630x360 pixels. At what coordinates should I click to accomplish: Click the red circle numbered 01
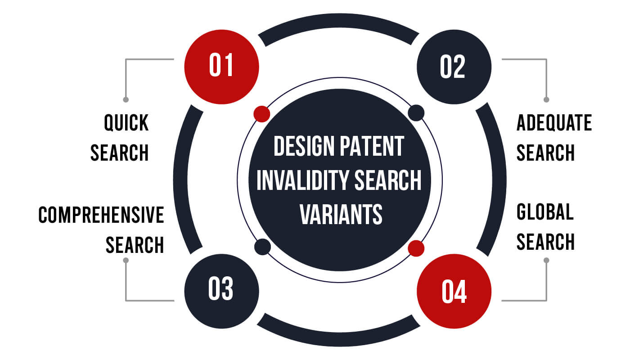point(221,67)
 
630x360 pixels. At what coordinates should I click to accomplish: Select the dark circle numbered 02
point(454,67)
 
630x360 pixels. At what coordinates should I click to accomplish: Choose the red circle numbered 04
point(454,291)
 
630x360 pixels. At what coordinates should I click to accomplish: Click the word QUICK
point(126,123)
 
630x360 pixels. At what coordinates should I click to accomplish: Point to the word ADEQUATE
point(554,123)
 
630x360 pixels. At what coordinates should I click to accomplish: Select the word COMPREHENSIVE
point(101,215)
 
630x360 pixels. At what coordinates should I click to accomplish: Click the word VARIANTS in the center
point(341,214)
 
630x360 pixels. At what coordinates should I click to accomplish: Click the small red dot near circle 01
point(261,113)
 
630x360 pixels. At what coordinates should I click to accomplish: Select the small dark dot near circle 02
point(416,112)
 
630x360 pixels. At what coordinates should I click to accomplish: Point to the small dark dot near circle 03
point(262,247)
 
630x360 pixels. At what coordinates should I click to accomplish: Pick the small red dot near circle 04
point(416,248)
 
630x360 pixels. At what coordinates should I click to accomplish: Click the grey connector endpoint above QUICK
point(126,99)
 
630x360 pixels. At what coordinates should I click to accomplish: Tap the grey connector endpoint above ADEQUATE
point(546,99)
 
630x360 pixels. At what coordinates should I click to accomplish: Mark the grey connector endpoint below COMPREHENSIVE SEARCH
point(126,260)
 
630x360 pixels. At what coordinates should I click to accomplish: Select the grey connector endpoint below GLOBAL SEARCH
point(546,260)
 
